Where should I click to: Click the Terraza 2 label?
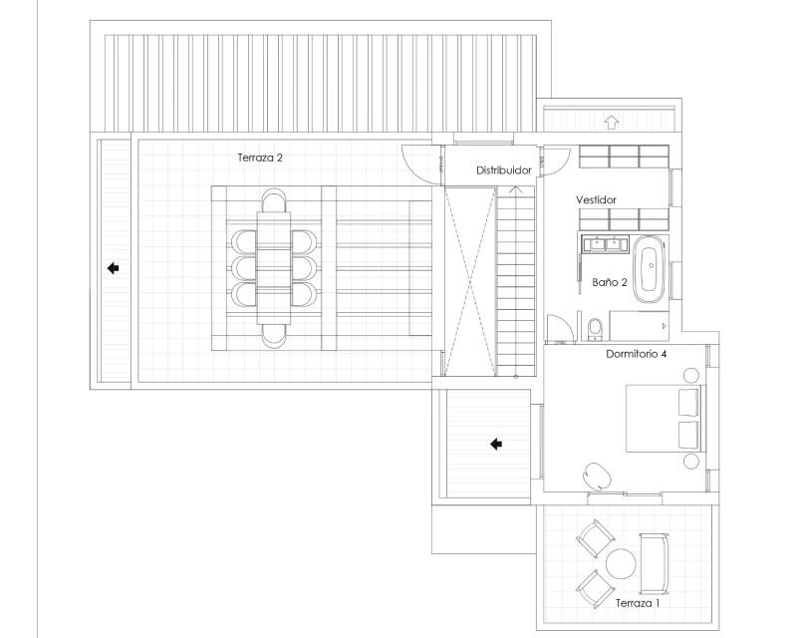260,158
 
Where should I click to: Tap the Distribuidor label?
504,170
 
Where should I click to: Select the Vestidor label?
596,200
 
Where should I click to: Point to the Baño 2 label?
610,282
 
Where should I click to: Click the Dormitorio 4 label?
636,354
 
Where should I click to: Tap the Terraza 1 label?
638,603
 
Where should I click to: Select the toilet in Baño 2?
594,329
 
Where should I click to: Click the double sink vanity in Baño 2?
606,244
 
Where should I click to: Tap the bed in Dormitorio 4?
664,419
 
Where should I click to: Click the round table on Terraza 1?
621,563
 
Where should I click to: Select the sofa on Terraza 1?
654,563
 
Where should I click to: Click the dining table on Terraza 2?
273,268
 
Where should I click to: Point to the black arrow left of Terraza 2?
113,267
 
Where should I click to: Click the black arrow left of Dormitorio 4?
496,445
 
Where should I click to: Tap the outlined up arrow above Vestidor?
612,123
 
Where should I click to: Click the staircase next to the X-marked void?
515,281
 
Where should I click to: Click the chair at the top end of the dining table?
274,200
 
